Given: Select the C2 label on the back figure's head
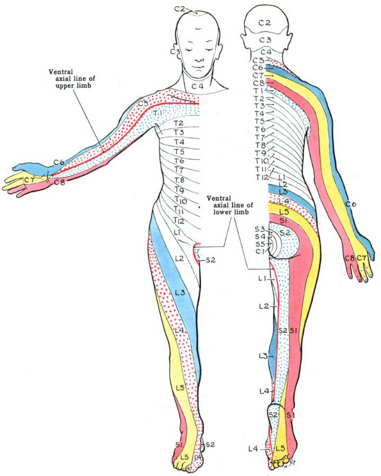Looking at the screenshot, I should click(265, 22).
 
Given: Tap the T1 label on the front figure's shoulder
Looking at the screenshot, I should click(157, 114).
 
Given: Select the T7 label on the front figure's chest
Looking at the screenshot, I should click(178, 170).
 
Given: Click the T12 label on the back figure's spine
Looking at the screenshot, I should click(262, 176).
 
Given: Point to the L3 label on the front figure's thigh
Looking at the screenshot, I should click(179, 292).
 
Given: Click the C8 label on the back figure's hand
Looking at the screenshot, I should click(349, 258).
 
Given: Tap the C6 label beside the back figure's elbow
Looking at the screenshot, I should click(350, 204).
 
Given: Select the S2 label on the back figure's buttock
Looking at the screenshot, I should click(285, 232).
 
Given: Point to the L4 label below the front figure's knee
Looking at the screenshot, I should click(179, 330).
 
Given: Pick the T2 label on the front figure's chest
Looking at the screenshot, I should click(179, 123).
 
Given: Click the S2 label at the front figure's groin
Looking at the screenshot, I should click(210, 260).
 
